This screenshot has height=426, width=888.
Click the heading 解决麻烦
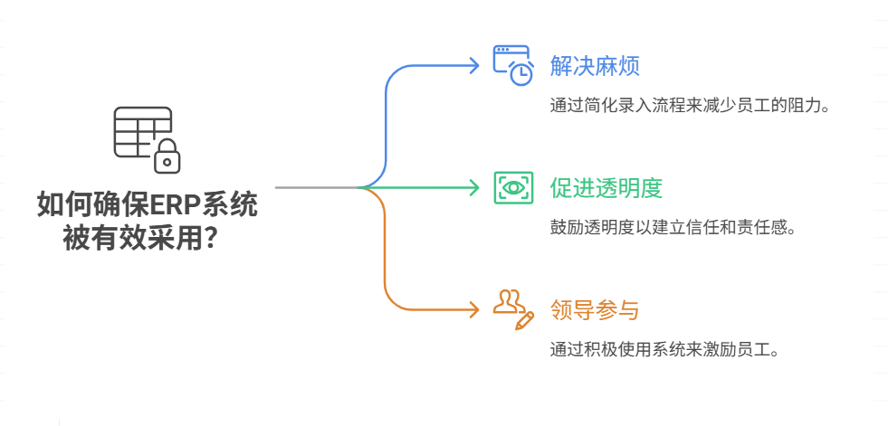coord(595,66)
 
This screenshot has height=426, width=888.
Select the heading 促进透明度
coord(606,188)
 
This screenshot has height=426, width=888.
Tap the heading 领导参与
coord(595,310)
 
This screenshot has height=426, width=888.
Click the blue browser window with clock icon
coord(512,65)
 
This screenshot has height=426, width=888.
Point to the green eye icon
coord(513,188)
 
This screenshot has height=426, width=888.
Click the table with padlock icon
coord(146,139)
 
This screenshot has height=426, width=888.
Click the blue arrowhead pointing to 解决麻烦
coord(473,65)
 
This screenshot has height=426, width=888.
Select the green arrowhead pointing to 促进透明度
coord(473,188)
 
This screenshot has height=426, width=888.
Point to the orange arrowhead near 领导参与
coord(473,310)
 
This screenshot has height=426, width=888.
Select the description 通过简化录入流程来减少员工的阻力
coord(690,105)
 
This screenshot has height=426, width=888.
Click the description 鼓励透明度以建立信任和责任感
coord(673,227)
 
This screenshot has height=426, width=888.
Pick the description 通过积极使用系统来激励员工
coord(664,349)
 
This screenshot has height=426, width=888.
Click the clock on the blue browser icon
coord(521,75)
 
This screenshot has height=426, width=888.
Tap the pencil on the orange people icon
coord(524,319)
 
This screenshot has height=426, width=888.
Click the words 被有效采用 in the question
coord(132,240)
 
